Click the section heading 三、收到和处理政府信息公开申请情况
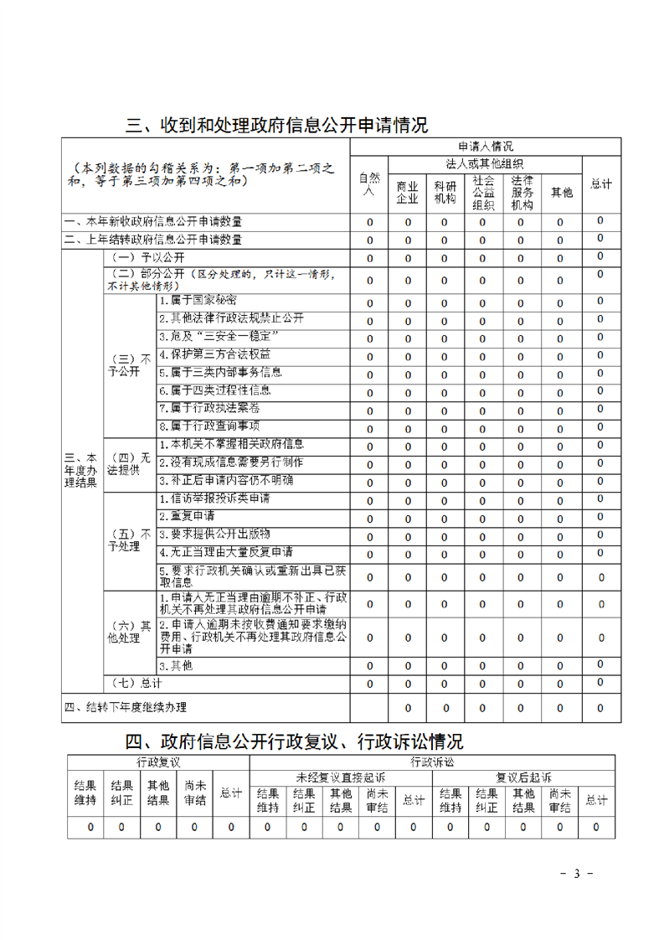point(276,126)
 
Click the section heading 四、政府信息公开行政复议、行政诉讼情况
point(294,741)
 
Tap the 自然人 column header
point(369,183)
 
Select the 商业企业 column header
point(407,192)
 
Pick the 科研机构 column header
point(444,192)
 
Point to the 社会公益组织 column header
point(482,192)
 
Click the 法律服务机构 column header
point(522,192)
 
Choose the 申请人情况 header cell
point(485,146)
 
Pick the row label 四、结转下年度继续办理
point(126,707)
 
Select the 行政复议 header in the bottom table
point(158,762)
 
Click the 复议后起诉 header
point(522,777)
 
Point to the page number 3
point(576,874)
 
